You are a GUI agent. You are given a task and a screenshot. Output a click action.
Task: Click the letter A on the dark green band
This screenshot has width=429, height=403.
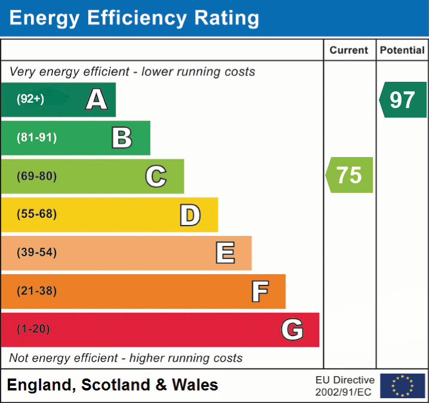coord(97,99)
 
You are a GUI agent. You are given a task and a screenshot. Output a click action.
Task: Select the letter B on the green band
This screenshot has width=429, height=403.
coord(122,138)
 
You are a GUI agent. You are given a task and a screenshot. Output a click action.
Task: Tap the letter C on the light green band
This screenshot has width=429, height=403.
coord(156,176)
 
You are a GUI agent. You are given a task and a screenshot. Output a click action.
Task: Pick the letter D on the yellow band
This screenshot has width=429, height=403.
coord(190,215)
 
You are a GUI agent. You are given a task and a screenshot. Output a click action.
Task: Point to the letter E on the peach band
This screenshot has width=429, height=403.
coord(225,253)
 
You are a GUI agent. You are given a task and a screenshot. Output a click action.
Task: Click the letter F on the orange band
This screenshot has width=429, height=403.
coord(260,291)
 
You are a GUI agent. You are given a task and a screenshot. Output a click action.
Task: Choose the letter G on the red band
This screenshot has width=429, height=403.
coord(292,330)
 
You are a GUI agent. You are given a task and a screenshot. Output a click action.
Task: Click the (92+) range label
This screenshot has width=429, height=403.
coord(30,99)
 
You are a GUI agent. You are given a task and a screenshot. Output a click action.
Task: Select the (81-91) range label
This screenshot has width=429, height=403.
coord(37,138)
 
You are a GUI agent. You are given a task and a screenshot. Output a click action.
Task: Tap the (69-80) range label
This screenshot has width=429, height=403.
coord(37,176)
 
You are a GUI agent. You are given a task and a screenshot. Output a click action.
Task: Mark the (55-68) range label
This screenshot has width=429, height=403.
coord(37,214)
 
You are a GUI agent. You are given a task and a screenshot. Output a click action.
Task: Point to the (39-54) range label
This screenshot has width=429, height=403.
coord(37,253)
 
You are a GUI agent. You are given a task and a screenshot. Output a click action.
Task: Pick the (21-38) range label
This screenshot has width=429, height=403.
coord(37,291)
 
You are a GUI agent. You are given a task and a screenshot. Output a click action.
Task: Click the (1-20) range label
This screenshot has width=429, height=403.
coord(33,330)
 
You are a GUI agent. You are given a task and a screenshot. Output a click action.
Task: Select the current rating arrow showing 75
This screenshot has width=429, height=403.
coord(350,175)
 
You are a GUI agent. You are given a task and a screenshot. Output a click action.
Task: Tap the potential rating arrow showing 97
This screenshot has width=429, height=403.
coord(403,100)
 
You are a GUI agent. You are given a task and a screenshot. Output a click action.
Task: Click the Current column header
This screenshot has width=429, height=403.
coord(350,51)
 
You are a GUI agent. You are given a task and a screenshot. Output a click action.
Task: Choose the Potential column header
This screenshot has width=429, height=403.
coord(402,51)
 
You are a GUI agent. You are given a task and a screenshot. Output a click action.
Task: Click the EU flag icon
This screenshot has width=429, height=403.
coord(403,386)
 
